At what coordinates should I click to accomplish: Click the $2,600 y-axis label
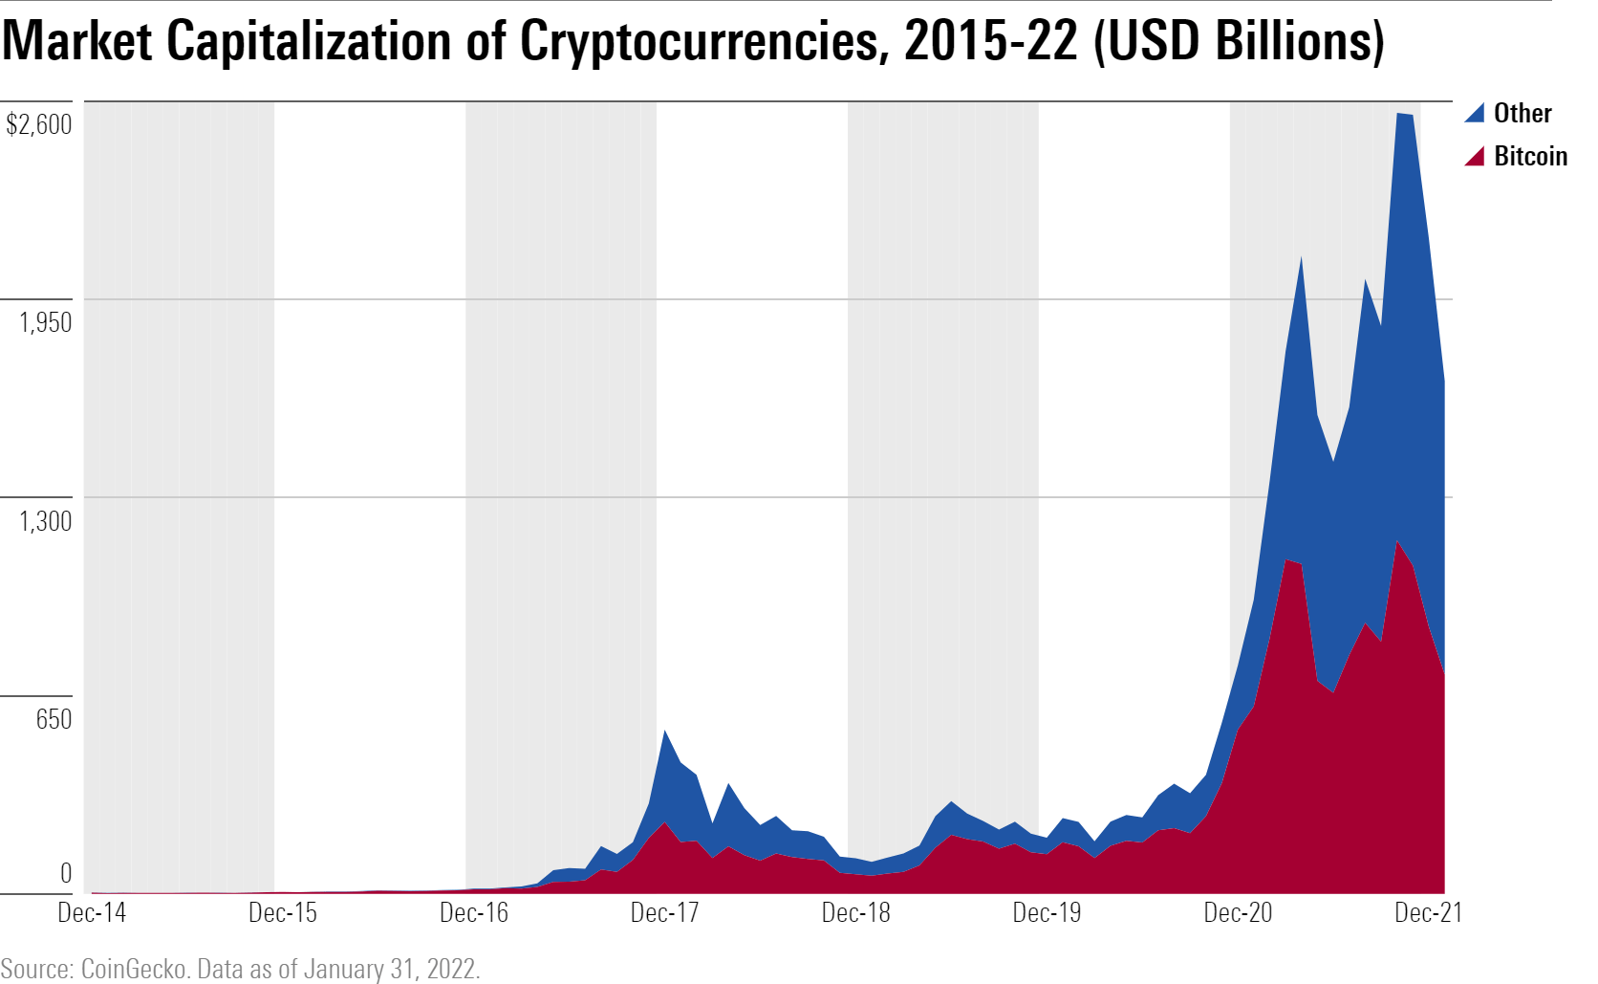[x=39, y=124]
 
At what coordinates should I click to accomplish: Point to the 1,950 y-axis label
[x=46, y=322]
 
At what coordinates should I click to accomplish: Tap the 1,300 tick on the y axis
[x=46, y=521]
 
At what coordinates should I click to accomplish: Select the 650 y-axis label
[x=54, y=719]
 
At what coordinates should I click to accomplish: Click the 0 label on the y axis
[x=66, y=872]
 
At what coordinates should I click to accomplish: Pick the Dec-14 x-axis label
[x=92, y=912]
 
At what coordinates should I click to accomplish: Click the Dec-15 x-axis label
[x=283, y=912]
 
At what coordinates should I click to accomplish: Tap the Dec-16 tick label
[x=474, y=912]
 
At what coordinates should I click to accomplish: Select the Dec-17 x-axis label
[x=665, y=912]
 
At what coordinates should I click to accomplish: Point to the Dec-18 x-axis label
[x=856, y=912]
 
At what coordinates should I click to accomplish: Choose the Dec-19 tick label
[x=1047, y=912]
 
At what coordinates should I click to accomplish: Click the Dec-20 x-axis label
[x=1238, y=912]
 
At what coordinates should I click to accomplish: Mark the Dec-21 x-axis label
[x=1428, y=912]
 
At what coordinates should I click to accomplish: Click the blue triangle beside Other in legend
[x=1476, y=113]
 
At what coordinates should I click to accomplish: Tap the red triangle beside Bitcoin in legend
[x=1476, y=156]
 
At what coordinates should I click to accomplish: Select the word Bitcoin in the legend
[x=1530, y=156]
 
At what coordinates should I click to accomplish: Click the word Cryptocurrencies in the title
[x=697, y=42]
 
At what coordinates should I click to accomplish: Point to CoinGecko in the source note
[x=134, y=969]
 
